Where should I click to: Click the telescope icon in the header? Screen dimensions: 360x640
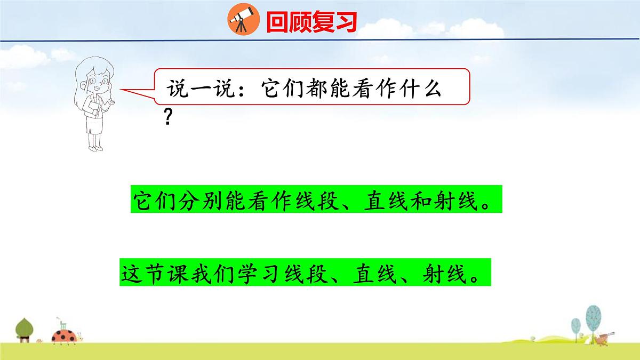pos(239,21)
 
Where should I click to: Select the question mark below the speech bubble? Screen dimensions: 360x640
pos(168,118)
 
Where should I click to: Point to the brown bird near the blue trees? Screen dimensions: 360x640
pos(603,337)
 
